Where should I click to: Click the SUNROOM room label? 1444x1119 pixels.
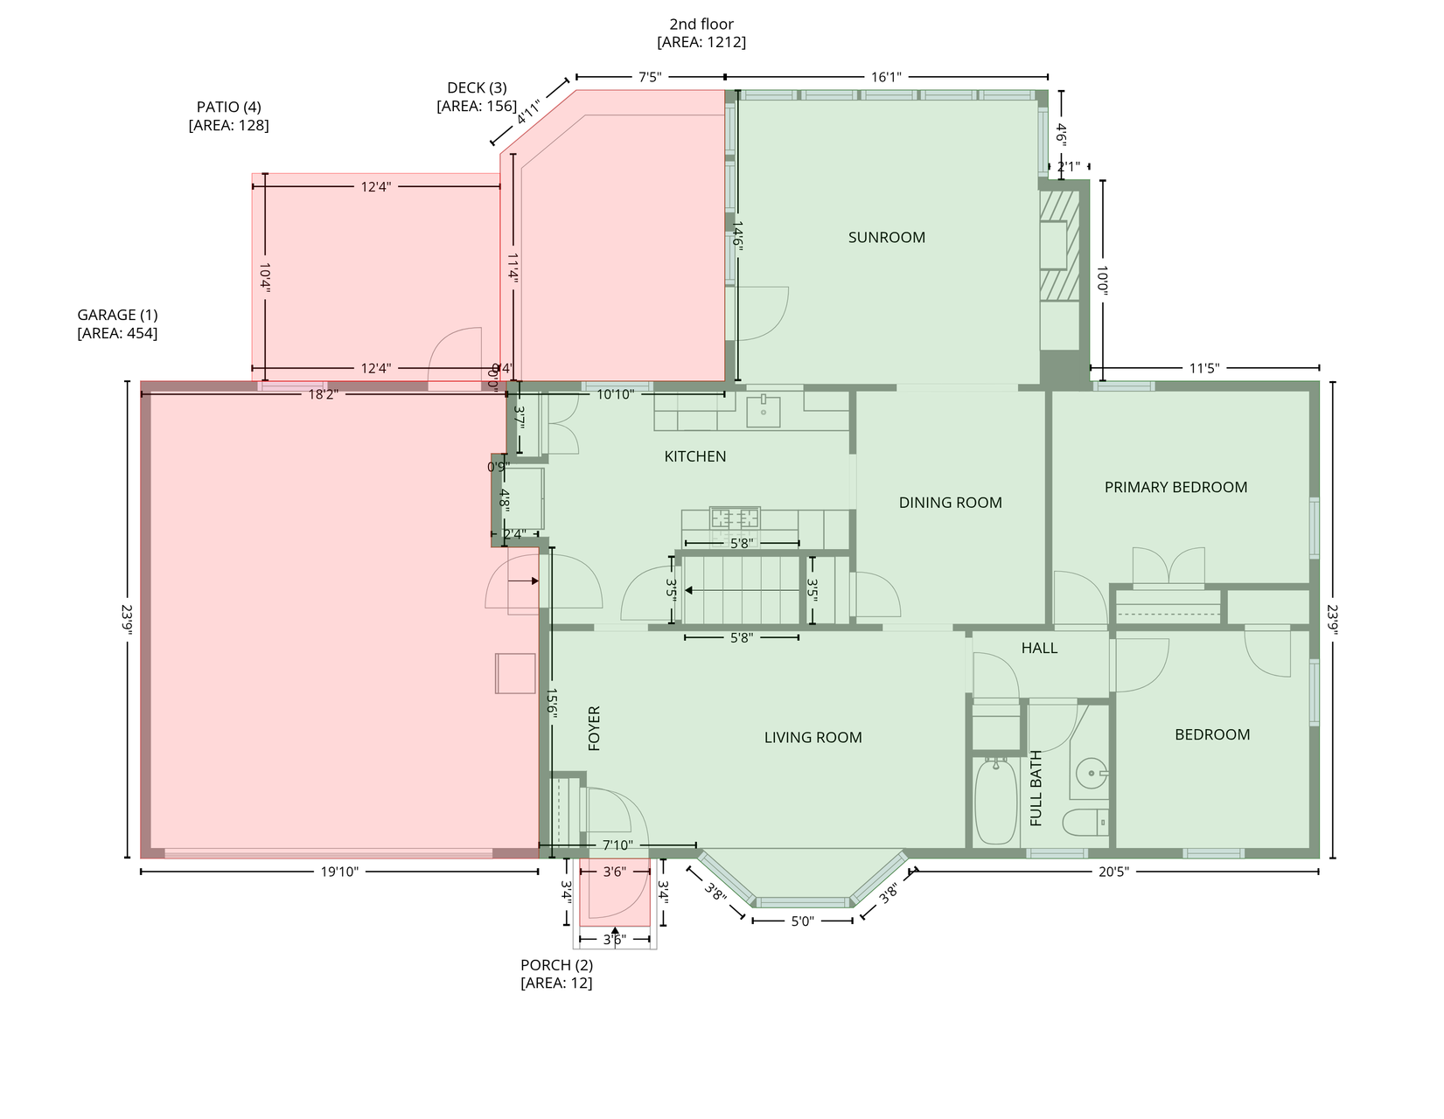pos(886,237)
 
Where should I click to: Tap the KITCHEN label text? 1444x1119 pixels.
pos(695,456)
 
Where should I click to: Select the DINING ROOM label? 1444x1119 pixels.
pos(950,503)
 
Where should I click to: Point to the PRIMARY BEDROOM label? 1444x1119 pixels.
pos(1175,488)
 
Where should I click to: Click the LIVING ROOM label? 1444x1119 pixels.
pos(813,737)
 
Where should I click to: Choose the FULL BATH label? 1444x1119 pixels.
pos(1036,789)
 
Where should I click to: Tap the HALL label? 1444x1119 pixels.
pos(1039,648)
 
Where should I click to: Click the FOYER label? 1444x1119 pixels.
pos(594,728)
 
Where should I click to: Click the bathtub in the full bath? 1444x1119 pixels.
pos(996,802)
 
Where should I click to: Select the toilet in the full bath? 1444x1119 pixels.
pos(1085,823)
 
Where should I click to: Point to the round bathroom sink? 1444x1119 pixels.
pos(1092,773)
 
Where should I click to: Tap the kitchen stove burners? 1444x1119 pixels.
pos(735,518)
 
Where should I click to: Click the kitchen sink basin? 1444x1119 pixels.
pos(764,411)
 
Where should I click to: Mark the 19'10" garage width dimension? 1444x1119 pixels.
pos(339,872)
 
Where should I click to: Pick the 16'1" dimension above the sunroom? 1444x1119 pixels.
pos(887,77)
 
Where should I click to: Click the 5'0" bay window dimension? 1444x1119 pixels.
pos(803,921)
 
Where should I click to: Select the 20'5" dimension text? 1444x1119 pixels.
pos(1113,872)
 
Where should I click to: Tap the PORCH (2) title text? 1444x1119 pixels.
pos(557,965)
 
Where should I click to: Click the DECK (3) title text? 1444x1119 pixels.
pos(478,87)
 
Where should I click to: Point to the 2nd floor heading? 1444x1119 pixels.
pos(701,24)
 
